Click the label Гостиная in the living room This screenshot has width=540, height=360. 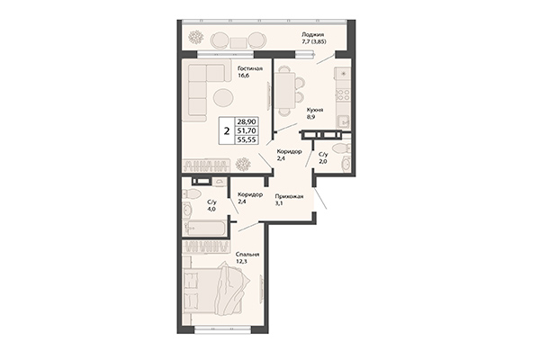point(250,68)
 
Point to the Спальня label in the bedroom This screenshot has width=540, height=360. point(247,255)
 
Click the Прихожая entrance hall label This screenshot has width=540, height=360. point(289,196)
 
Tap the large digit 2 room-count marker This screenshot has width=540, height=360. point(224,130)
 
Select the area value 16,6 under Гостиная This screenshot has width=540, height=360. point(244,76)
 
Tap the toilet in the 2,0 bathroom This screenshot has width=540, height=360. point(337,148)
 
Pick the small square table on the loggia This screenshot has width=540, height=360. point(238,40)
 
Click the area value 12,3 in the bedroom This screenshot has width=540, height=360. point(242,263)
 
